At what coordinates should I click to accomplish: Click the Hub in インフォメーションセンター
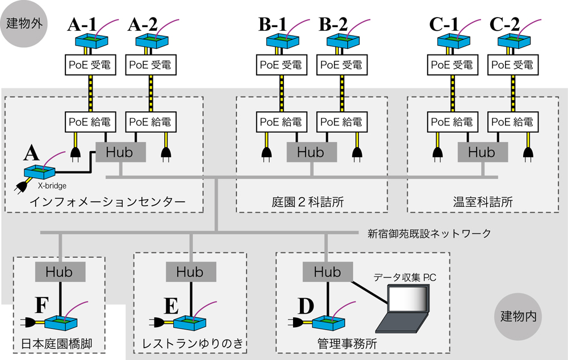[x=120, y=152]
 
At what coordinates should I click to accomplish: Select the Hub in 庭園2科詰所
[x=310, y=152]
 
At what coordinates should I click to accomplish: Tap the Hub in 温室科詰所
[x=482, y=152]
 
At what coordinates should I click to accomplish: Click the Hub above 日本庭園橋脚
[x=60, y=271]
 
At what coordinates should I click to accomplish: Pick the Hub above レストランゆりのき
[x=190, y=271]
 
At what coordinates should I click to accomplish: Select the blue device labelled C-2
[x=513, y=40]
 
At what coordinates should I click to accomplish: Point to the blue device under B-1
[x=282, y=40]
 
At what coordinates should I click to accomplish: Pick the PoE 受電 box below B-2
[x=341, y=65]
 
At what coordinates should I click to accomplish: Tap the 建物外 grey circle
[x=24, y=24]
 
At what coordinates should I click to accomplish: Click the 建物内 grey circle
[x=518, y=316]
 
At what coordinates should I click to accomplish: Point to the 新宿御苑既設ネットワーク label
[x=429, y=233]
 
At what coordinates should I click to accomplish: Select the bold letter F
[x=41, y=305]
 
